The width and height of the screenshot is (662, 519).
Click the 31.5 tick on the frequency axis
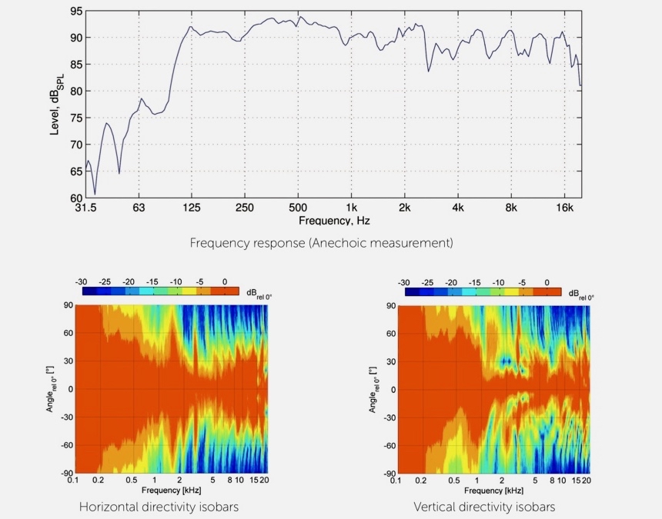85,208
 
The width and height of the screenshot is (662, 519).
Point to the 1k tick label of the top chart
352,208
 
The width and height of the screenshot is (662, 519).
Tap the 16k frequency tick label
565,208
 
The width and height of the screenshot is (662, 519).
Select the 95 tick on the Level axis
75,12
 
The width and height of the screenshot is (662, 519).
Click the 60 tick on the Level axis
75,198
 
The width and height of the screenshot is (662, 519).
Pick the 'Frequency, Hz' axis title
334,221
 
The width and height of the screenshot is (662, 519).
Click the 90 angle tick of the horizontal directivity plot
68,306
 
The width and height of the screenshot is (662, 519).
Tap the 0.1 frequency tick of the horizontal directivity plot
73,481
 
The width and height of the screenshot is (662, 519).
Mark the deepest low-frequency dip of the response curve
95,194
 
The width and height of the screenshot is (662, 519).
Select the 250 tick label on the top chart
245,208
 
